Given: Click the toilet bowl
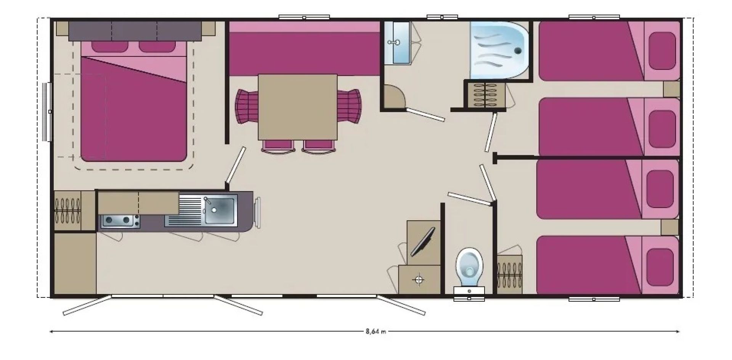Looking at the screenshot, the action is coord(469,267).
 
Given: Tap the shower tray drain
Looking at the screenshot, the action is coord(518,50).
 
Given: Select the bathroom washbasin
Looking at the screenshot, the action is coord(397,42).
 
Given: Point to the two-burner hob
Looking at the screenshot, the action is coord(120,221).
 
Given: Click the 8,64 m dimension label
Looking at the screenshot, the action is coord(376,331).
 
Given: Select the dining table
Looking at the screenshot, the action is coord(297,107).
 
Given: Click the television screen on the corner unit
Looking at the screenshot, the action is coord(422,242).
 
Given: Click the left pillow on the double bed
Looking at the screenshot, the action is coord(109,46).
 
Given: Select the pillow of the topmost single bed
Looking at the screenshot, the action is coord(663,51).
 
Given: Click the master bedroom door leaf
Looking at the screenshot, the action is coord(235,165).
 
